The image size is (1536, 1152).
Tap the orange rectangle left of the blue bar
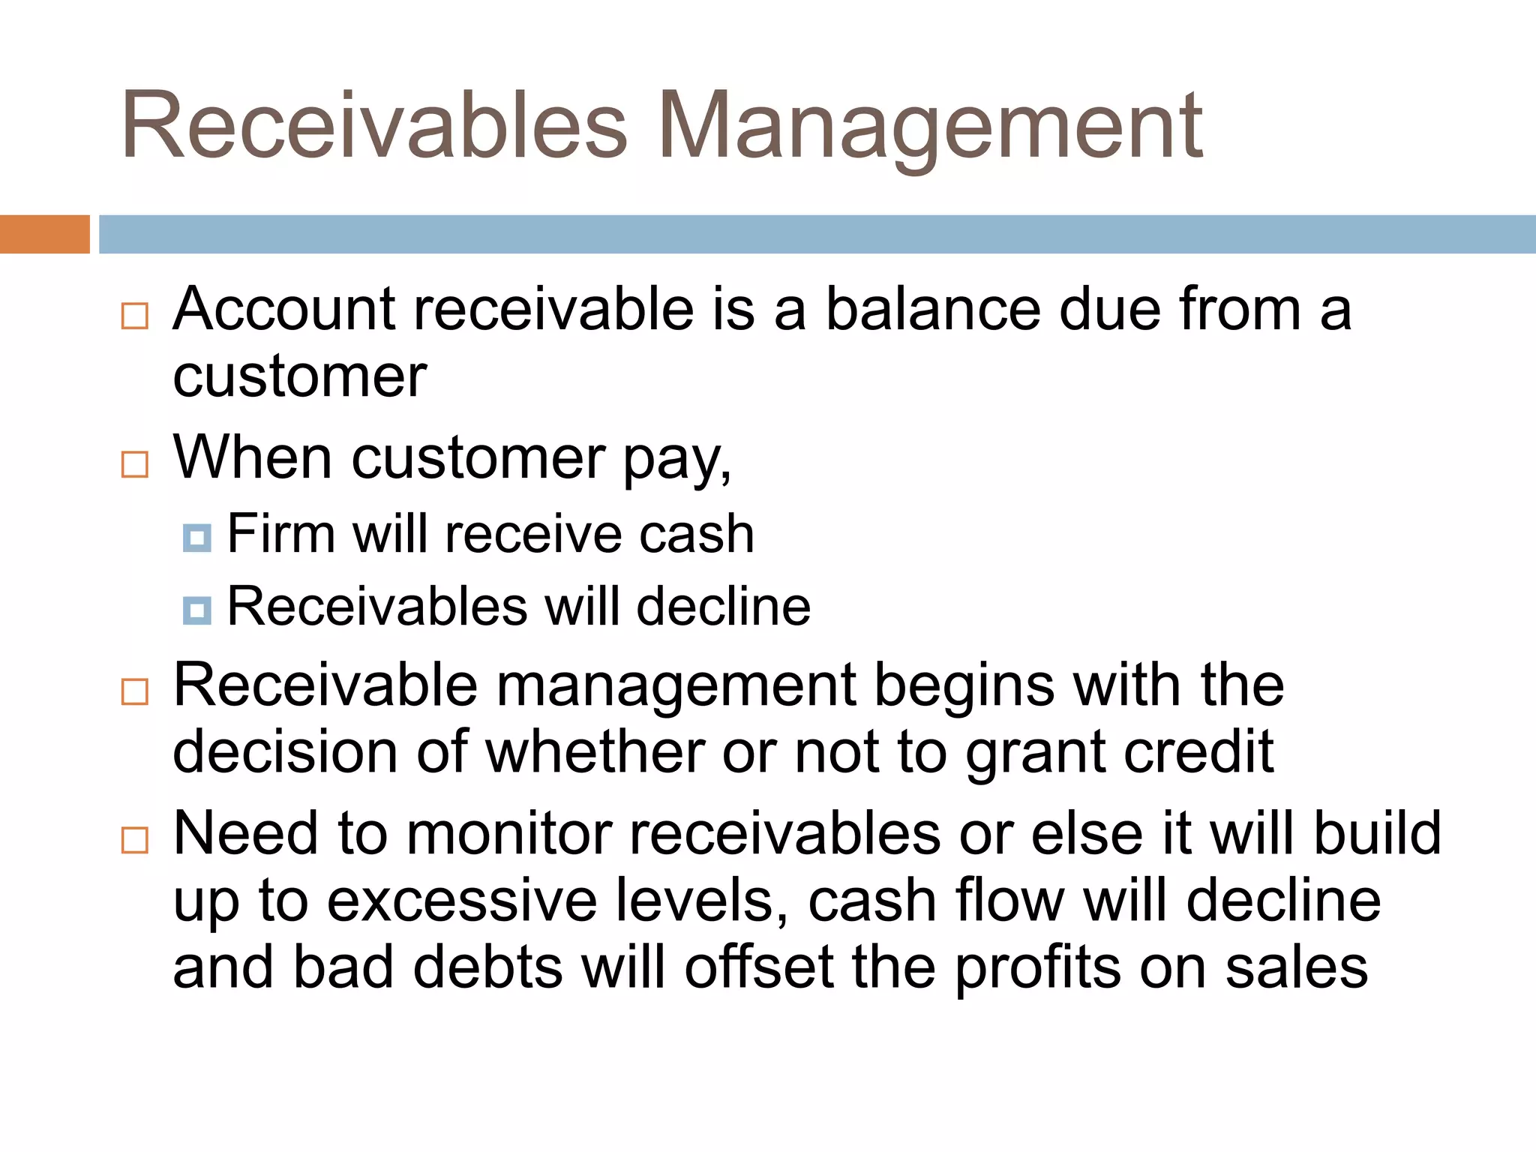point(44,234)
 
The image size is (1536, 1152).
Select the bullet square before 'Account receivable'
point(135,316)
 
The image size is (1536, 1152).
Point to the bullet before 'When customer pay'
point(135,464)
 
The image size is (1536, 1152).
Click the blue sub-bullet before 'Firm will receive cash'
point(197,538)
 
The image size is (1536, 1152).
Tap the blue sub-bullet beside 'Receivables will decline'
point(197,610)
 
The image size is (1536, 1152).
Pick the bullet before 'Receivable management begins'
point(135,691)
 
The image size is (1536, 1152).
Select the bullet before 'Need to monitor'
point(135,839)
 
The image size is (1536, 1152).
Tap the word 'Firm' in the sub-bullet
point(280,534)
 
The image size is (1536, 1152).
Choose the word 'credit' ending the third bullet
point(1198,751)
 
